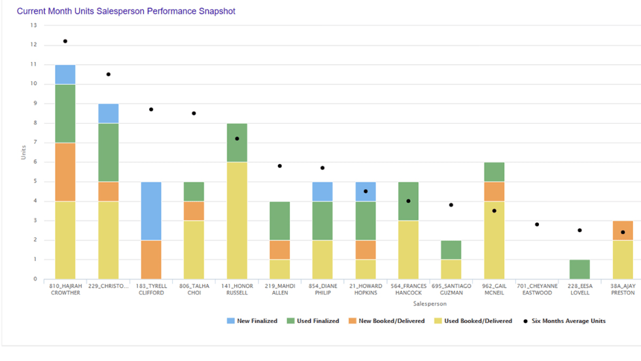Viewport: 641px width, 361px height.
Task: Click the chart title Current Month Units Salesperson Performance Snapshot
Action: click(126, 11)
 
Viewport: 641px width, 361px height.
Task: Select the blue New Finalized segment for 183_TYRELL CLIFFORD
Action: click(151, 211)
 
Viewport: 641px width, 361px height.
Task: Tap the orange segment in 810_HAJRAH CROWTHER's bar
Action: click(65, 172)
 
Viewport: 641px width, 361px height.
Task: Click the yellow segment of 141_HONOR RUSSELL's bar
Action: click(237, 220)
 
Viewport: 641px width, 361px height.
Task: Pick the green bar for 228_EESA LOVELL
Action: click(580, 269)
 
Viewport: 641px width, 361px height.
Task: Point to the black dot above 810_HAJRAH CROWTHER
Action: click(65, 41)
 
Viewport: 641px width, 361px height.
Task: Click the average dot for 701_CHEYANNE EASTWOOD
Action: click(537, 224)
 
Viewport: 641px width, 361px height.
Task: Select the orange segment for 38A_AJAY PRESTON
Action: click(623, 230)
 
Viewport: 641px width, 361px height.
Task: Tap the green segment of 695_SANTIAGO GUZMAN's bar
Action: click(451, 250)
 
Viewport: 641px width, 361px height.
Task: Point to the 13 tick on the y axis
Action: click(33, 26)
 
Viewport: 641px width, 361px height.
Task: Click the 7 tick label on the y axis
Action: click(35, 143)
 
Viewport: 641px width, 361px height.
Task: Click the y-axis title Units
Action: click(24, 152)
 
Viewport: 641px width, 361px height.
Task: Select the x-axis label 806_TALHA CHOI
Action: click(194, 289)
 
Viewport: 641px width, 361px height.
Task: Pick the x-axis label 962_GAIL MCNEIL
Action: click(494, 289)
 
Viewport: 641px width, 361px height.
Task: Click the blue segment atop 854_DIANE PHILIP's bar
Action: click(322, 192)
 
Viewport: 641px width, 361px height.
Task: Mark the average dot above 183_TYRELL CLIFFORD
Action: click(151, 109)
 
